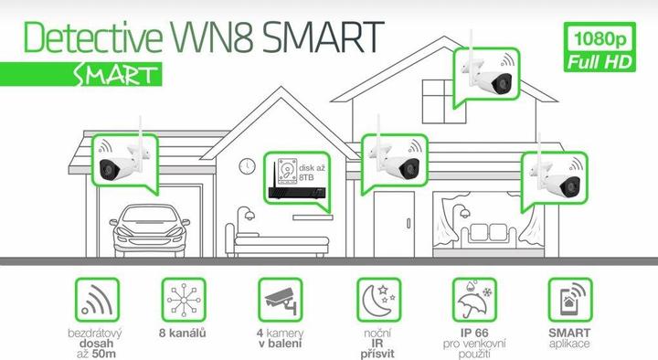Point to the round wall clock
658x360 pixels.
click(247, 166)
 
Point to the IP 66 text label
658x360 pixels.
click(474, 333)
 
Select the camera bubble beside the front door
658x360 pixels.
click(393, 164)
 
